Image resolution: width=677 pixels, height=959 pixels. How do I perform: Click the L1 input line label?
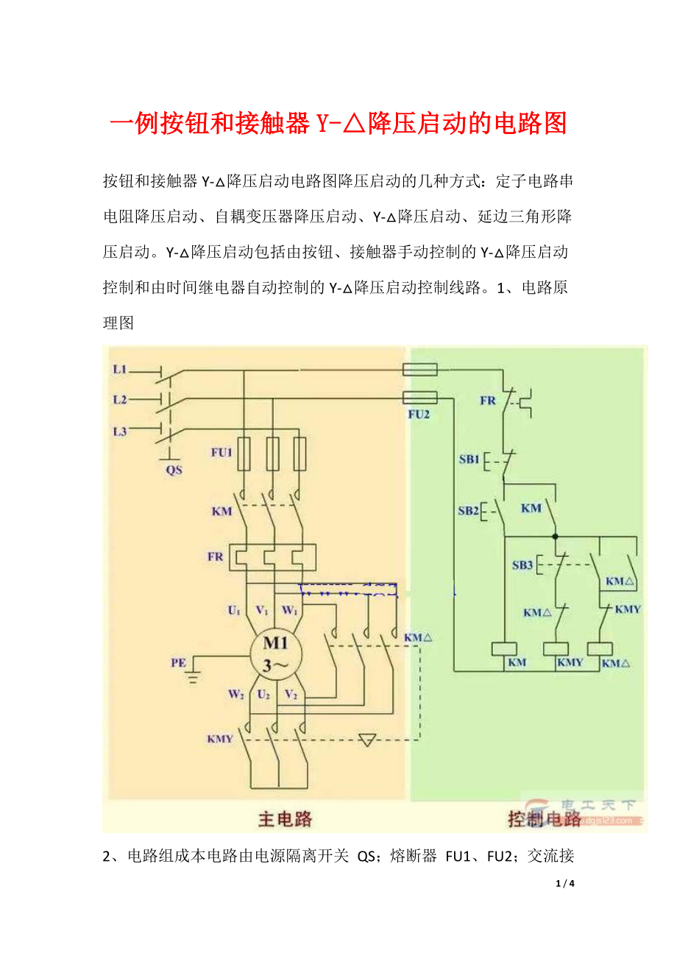tap(120, 368)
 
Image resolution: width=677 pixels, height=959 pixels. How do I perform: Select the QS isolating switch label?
tap(174, 469)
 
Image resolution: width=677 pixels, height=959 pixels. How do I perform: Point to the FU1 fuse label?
tap(221, 452)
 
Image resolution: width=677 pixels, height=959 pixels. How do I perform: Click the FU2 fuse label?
tap(419, 414)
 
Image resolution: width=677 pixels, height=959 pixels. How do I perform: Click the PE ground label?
tap(178, 663)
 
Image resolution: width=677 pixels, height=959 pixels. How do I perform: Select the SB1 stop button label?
tap(469, 460)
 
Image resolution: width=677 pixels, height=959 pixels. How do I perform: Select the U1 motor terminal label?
tap(233, 610)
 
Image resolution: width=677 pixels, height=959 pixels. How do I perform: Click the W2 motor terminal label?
tap(235, 693)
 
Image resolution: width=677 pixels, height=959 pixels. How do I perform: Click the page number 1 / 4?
tap(565, 882)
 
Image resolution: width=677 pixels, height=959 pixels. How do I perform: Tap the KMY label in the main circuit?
tap(219, 738)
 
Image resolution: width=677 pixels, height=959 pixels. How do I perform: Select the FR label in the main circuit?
tap(215, 557)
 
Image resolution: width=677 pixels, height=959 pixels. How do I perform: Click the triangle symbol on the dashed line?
tap(367, 740)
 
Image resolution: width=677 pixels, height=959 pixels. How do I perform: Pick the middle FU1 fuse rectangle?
tap(272, 454)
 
